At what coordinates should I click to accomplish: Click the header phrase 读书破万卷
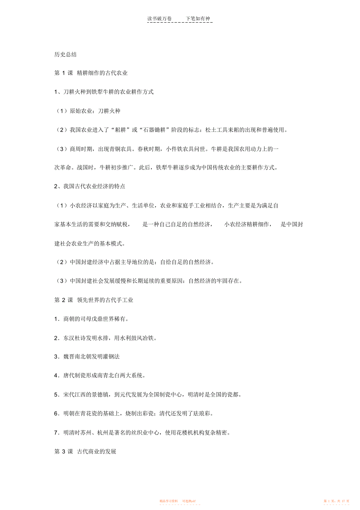pyautogui.click(x=159, y=18)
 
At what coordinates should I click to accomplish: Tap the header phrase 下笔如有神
pyautogui.click(x=198, y=18)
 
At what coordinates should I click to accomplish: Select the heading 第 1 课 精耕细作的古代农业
pyautogui.click(x=91, y=73)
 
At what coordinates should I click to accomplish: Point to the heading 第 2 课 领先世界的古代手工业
pyautogui.click(x=94, y=300)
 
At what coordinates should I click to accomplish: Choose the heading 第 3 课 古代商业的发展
pyautogui.click(x=85, y=451)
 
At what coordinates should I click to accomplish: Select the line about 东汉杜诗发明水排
pyautogui.click(x=105, y=338)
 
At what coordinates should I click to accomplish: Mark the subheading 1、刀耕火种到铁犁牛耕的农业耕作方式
pyautogui.click(x=104, y=92)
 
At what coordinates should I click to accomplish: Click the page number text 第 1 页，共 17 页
pyautogui.click(x=337, y=501)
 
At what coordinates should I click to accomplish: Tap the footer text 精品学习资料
pyautogui.click(x=169, y=501)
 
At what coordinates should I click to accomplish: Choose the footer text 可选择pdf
pyautogui.click(x=189, y=501)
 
